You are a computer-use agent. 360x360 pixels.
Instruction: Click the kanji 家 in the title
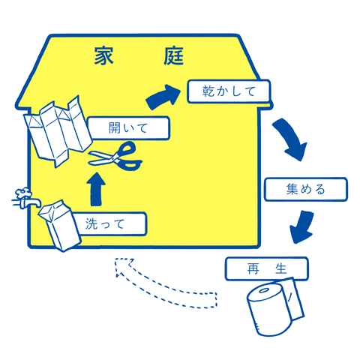coord(103,56)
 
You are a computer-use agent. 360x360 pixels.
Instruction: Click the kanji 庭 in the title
coord(174,56)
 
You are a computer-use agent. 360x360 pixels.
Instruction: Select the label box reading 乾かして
coord(229,91)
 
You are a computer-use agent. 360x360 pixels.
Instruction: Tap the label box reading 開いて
coord(128,128)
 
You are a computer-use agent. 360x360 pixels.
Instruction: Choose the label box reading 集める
coord(306,189)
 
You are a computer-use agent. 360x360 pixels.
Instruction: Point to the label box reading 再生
coord(267,268)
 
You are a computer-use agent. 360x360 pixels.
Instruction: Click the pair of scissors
coord(115,157)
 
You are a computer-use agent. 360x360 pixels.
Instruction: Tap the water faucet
coord(26,198)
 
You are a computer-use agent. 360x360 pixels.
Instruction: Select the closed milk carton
coord(60,225)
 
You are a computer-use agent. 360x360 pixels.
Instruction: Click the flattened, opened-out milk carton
coord(58,130)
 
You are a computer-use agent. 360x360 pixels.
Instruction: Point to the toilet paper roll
coord(275,307)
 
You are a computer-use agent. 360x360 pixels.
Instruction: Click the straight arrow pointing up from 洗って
coord(96,190)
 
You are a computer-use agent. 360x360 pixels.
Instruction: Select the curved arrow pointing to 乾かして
coord(163,97)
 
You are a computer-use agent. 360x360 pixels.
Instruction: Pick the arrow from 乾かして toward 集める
coord(291,139)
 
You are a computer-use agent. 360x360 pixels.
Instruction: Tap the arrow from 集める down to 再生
coord(302,227)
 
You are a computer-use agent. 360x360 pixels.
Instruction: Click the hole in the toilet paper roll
coord(265,291)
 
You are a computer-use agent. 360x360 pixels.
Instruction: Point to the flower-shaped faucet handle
coord(23,193)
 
